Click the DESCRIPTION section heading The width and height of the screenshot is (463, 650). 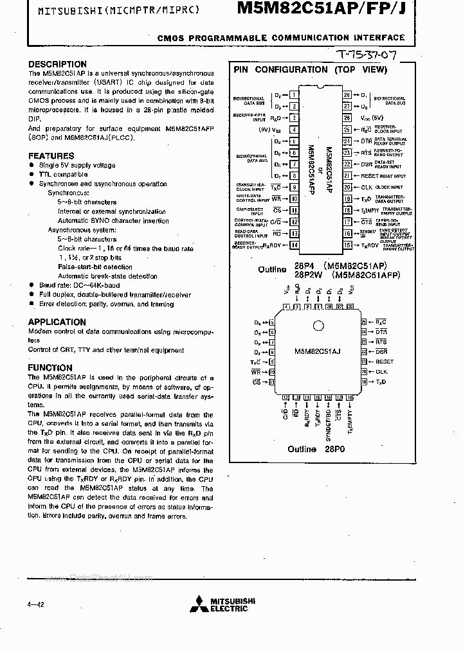click(57, 64)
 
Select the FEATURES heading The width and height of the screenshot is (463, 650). click(51, 156)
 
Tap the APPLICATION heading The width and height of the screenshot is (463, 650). click(57, 322)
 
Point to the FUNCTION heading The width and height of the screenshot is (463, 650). click(50, 368)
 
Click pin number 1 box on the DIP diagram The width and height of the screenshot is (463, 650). click(294, 95)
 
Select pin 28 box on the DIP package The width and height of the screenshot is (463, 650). click(347, 95)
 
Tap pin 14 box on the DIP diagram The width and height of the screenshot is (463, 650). click(294, 245)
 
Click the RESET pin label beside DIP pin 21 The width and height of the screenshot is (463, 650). click(370, 176)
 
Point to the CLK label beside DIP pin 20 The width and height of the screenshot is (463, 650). click(367, 188)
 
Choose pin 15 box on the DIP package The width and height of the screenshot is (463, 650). click(347, 245)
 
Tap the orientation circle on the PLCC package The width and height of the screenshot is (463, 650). click(317, 323)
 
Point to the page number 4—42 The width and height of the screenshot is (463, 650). click(35, 604)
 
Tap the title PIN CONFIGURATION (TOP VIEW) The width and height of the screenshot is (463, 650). click(310, 69)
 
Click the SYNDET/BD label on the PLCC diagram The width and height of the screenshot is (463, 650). click(328, 417)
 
